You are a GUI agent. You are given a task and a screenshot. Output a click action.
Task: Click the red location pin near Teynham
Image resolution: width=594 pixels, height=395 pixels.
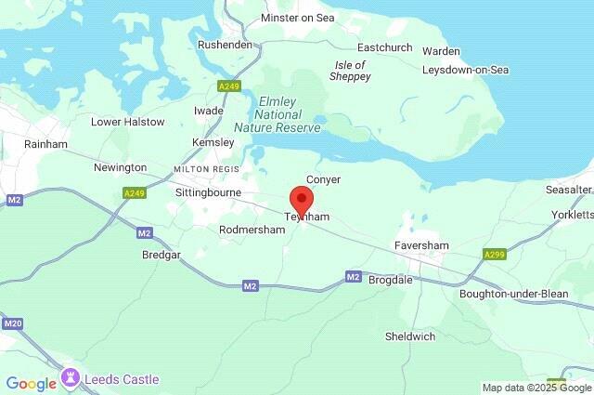301,200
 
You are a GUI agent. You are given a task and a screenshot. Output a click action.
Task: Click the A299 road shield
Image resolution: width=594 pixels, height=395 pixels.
495,254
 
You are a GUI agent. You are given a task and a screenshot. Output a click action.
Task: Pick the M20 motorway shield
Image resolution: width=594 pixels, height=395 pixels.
12,323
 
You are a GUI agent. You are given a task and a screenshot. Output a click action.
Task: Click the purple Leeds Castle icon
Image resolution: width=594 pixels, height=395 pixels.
70,379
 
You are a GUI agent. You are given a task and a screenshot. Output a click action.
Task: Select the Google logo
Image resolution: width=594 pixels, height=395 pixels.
31,382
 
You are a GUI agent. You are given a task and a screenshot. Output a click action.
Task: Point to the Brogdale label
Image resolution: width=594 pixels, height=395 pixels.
396,279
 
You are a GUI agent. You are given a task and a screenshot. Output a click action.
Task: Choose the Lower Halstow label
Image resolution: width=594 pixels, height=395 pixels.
127,122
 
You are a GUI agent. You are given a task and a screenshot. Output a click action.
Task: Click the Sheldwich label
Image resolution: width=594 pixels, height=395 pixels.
410,336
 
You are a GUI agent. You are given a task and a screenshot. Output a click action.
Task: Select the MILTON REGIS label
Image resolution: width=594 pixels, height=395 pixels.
206,168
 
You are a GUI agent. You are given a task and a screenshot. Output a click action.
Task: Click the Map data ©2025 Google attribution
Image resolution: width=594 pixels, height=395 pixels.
536,388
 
